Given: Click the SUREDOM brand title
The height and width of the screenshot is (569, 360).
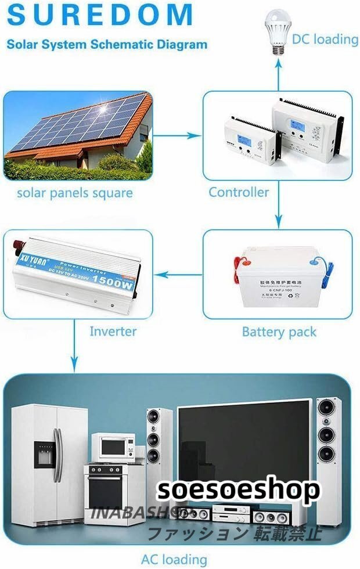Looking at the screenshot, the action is (99, 15).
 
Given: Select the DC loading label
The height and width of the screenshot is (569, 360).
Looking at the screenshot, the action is (325, 39).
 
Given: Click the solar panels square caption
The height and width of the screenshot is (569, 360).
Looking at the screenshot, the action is (74, 192).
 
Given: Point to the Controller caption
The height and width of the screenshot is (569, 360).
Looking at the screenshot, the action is (239, 192).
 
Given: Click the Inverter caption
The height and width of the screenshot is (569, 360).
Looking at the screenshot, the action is (113, 332).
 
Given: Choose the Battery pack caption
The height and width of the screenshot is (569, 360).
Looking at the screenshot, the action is (279, 332).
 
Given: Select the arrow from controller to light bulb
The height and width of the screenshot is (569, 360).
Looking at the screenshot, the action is (278, 73).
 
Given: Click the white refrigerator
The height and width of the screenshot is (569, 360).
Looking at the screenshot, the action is (49, 462).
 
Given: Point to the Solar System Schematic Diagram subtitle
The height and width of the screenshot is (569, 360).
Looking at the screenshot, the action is (107, 44).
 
